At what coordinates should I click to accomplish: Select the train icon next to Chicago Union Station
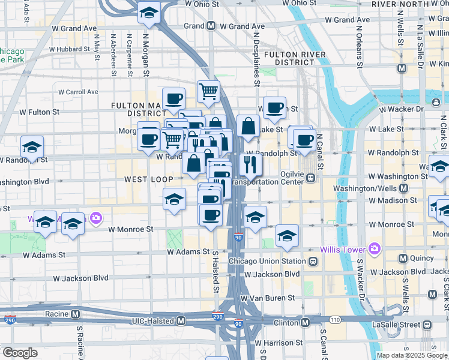(x=313, y=262)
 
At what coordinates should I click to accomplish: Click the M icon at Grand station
(x=211, y=26)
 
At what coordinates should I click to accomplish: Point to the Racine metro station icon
(x=75, y=314)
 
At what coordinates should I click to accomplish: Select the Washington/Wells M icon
(x=403, y=188)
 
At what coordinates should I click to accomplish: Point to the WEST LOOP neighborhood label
(x=149, y=179)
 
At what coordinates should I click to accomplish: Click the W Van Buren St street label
(x=267, y=298)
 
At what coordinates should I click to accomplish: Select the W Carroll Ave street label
(x=78, y=92)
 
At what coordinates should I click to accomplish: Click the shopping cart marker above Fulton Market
(x=208, y=91)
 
